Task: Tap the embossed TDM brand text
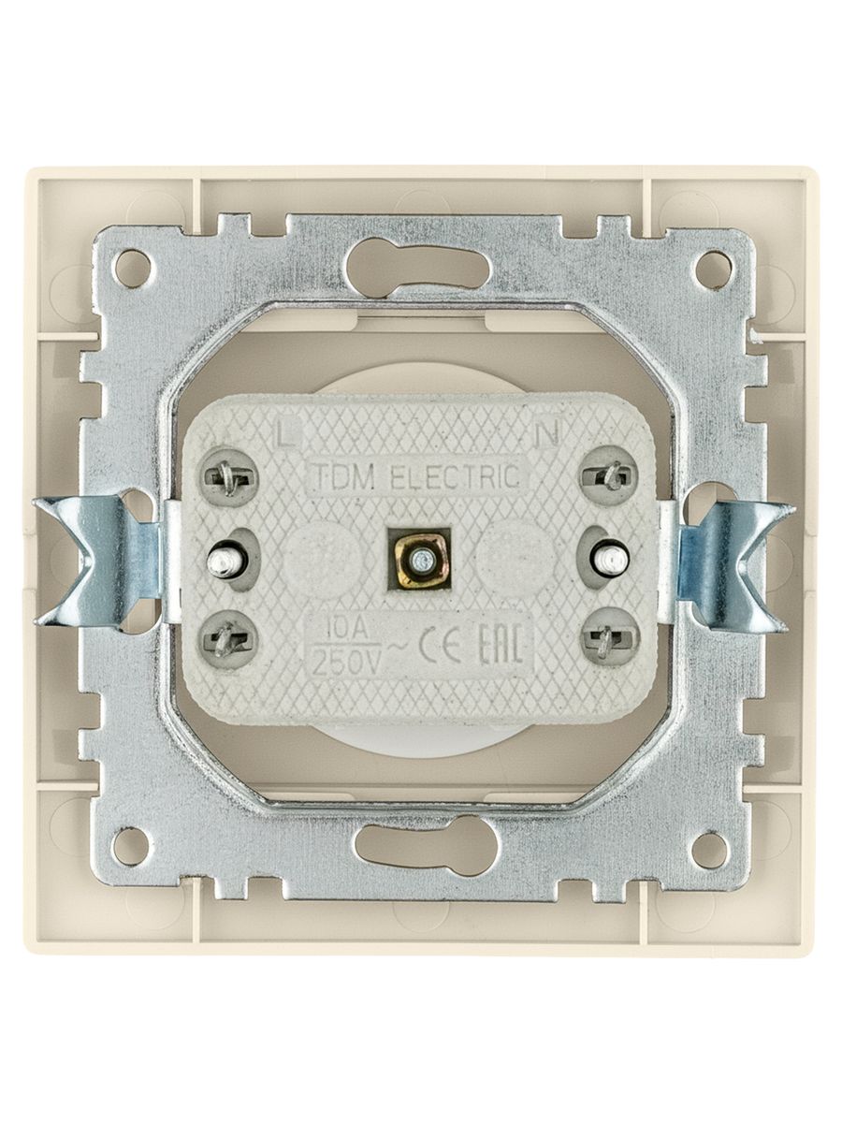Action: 344,477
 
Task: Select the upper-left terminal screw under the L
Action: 230,478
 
